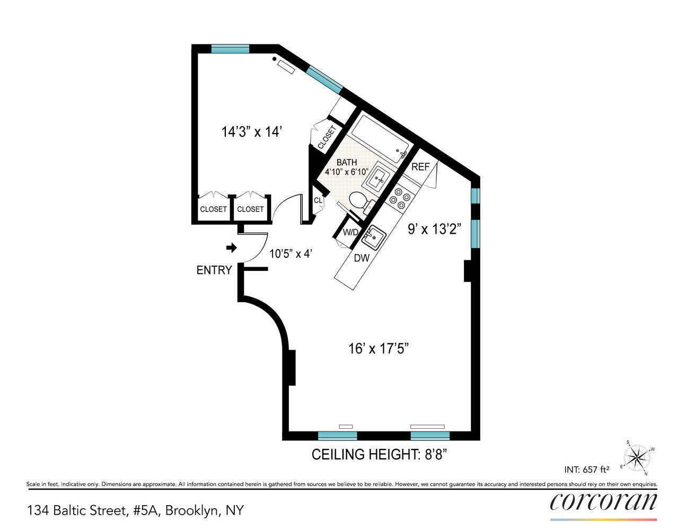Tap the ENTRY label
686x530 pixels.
click(x=214, y=270)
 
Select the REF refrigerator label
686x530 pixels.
click(x=420, y=167)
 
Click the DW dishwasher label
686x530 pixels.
click(x=362, y=258)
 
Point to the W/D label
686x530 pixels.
click(x=350, y=232)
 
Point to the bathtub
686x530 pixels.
click(x=380, y=137)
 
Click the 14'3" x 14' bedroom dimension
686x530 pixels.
click(x=251, y=131)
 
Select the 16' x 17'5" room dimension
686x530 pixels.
click(x=378, y=348)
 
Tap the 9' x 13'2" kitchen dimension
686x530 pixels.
click(x=434, y=229)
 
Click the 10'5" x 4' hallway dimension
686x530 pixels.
click(x=290, y=254)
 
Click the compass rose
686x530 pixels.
click(x=636, y=457)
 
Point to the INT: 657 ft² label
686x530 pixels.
click(x=586, y=469)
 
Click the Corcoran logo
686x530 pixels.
click(x=603, y=502)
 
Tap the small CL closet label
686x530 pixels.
click(x=318, y=201)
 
